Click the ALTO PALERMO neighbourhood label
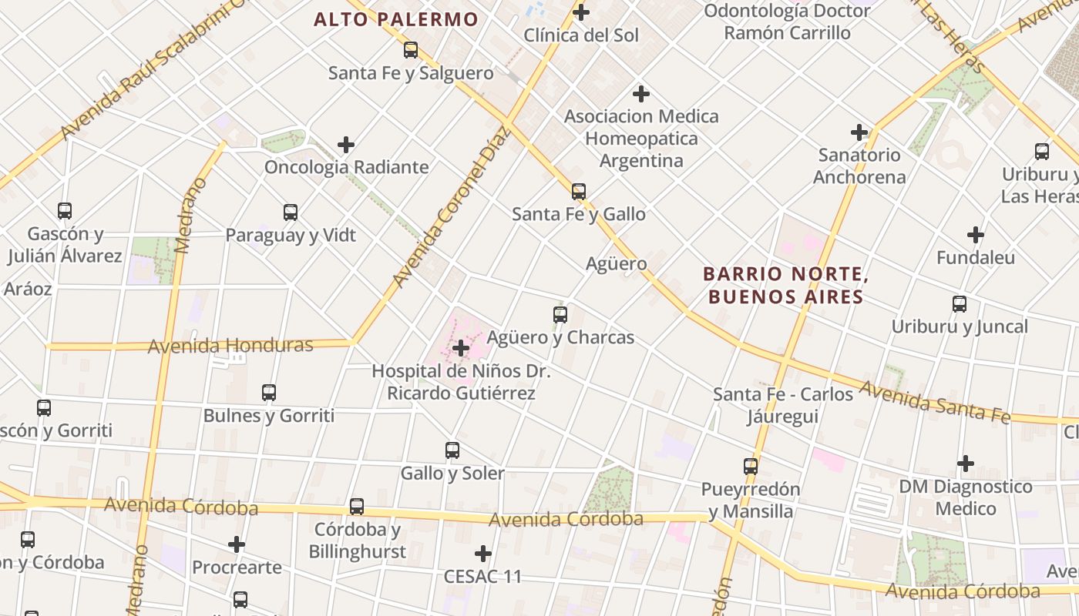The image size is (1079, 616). pos(396,19)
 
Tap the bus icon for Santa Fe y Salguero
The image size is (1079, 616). pos(411,50)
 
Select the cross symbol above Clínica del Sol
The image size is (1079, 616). pos(581,12)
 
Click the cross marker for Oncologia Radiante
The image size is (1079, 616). pos(346,144)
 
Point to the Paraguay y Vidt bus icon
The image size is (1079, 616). pos(291,212)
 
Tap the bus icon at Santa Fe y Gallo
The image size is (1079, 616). pos(579,191)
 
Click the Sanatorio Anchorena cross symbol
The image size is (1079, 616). pos(859,132)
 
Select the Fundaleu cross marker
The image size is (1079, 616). pos(976,235)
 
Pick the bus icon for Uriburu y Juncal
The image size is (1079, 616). pos(960,304)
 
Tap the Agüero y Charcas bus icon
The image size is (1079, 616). pos(560,314)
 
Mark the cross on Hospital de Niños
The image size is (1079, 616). pos(461,348)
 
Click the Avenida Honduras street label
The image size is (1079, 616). pos(230,346)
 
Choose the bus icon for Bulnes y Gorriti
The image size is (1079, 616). pos(269,393)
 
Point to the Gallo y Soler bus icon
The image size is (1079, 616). pos(452,450)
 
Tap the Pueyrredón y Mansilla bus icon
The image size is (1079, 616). pos(751,466)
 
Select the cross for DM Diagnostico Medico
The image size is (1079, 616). pos(965,464)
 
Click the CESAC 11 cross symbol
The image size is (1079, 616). pos(483,554)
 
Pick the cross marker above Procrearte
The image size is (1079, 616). pos(237,544)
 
